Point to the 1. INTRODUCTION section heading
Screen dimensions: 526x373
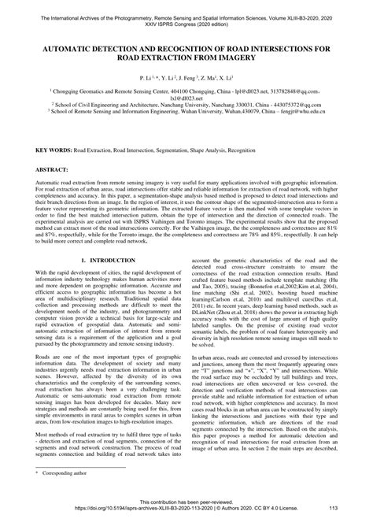pos(107,258)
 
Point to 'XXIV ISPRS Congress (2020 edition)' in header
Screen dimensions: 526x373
pos(186,23)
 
